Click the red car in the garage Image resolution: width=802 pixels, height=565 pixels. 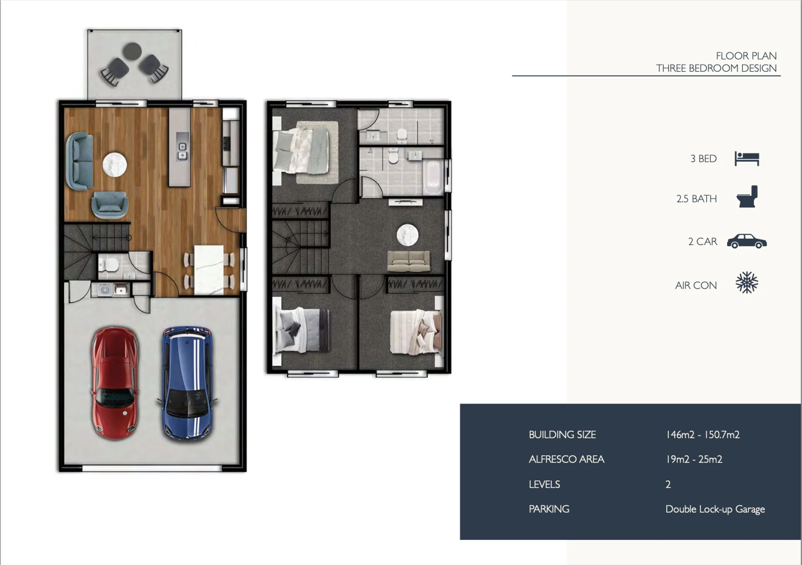click(115, 383)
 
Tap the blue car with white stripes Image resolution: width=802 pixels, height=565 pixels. click(188, 383)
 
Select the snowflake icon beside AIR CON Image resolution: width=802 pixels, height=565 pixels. click(747, 283)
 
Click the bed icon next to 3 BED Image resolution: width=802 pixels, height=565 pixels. click(747, 159)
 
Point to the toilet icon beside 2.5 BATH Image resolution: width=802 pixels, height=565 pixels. click(747, 197)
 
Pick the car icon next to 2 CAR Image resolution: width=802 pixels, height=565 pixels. click(747, 241)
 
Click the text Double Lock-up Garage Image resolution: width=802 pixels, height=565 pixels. click(715, 509)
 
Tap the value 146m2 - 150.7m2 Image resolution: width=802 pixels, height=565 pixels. click(703, 435)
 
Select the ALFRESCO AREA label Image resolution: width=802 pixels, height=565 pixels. click(566, 459)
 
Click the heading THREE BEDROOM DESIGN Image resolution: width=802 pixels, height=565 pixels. click(716, 68)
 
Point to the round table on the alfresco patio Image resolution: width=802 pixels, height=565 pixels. click(132, 51)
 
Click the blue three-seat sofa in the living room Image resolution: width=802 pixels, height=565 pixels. click(79, 161)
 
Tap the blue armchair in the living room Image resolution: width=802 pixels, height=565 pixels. click(110, 205)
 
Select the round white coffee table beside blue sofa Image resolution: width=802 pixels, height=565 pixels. click(115, 165)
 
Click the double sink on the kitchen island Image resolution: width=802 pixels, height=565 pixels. click(182, 151)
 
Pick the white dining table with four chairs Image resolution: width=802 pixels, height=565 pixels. click(209, 269)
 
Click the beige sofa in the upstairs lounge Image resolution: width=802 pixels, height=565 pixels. click(408, 261)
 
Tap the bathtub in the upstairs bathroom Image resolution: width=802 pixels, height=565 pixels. click(433, 178)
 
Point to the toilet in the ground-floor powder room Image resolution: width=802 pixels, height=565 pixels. click(109, 264)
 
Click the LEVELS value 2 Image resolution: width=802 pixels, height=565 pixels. click(668, 484)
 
